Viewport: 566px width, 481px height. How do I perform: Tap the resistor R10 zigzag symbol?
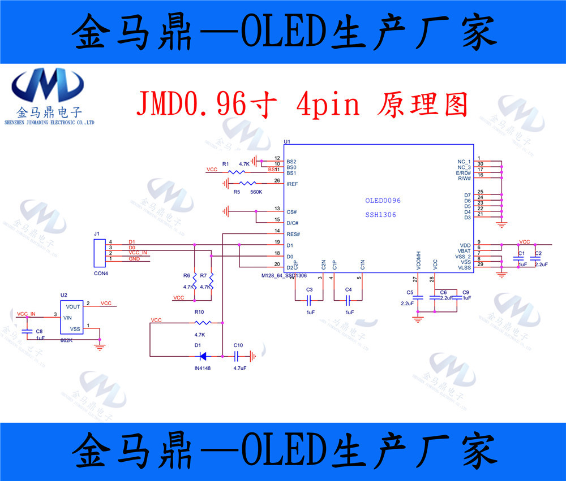click(x=203, y=323)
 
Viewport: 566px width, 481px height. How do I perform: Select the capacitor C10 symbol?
click(x=238, y=356)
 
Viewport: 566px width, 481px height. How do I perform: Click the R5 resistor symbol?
click(x=248, y=183)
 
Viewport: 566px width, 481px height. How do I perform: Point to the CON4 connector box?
click(x=100, y=253)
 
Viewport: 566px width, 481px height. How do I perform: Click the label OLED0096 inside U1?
click(x=383, y=201)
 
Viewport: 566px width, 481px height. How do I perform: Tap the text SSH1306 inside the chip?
click(x=380, y=215)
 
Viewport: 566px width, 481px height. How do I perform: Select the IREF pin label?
click(x=293, y=184)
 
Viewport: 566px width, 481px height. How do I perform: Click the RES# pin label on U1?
click(x=293, y=234)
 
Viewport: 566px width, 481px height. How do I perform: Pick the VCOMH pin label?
click(x=418, y=261)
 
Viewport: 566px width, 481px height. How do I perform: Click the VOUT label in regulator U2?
click(x=73, y=306)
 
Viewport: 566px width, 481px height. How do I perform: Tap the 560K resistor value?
click(x=256, y=192)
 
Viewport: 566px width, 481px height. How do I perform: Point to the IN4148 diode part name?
click(x=203, y=367)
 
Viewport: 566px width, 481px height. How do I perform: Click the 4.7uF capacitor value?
click(x=239, y=367)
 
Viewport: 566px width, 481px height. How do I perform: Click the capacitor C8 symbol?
click(x=27, y=332)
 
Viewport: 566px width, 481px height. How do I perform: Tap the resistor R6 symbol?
click(x=194, y=280)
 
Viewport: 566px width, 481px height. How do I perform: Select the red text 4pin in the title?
click(x=327, y=104)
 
